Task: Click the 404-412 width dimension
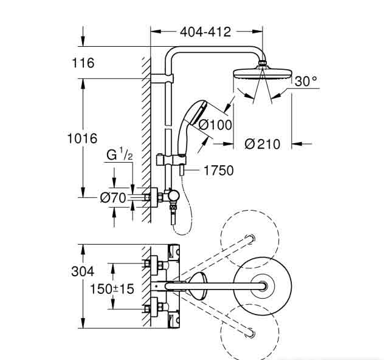pos(205,32)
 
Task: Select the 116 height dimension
pos(82,63)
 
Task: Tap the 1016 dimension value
pos(82,138)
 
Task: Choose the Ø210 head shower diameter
pos(262,144)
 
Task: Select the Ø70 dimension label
pos(112,197)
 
